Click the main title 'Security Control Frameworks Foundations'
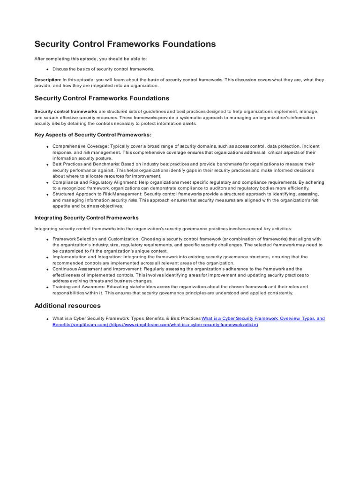click(125, 44)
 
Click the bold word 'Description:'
click(48, 80)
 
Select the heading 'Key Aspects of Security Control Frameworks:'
click(93, 135)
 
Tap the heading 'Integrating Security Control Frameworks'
click(87, 218)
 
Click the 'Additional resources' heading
click(67, 306)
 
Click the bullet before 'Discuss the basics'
click(47, 69)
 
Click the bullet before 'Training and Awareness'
click(47, 287)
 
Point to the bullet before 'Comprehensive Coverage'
click(47, 147)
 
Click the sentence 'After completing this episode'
click(90, 59)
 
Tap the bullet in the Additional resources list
click(47, 319)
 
